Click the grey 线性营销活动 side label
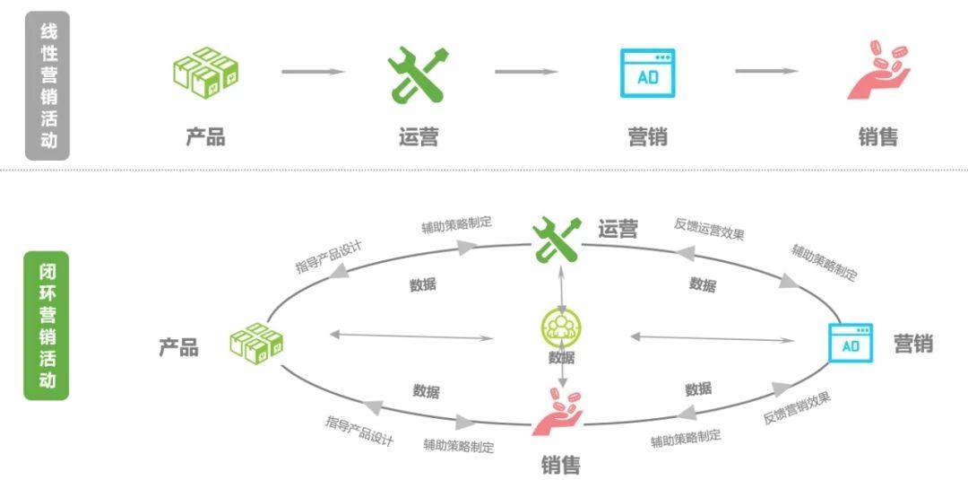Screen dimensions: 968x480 pyautogui.click(x=48, y=86)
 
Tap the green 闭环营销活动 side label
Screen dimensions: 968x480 pyautogui.click(x=47, y=326)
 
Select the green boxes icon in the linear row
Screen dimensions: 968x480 pyautogui.click(x=205, y=73)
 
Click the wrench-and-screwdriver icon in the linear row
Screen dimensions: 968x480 pyautogui.click(x=418, y=74)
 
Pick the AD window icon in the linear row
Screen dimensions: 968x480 pyautogui.click(x=647, y=74)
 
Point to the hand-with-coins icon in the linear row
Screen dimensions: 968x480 pyautogui.click(x=877, y=70)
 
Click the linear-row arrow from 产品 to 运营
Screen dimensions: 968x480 pyautogui.click(x=313, y=72)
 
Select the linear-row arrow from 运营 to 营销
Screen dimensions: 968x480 pyautogui.click(x=526, y=72)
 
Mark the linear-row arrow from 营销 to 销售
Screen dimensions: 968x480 pyautogui.click(x=766, y=71)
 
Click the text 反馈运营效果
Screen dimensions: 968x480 pyautogui.click(x=709, y=230)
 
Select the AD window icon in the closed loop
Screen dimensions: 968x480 pyautogui.click(x=850, y=343)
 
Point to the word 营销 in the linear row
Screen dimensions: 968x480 pyautogui.click(x=647, y=136)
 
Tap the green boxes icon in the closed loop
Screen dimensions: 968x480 pyautogui.click(x=256, y=344)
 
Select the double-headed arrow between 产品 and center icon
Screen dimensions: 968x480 pyautogui.click(x=411, y=336)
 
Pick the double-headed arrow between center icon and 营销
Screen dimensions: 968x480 pyautogui.click(x=713, y=338)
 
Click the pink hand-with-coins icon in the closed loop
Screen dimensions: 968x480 pyautogui.click(x=557, y=412)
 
